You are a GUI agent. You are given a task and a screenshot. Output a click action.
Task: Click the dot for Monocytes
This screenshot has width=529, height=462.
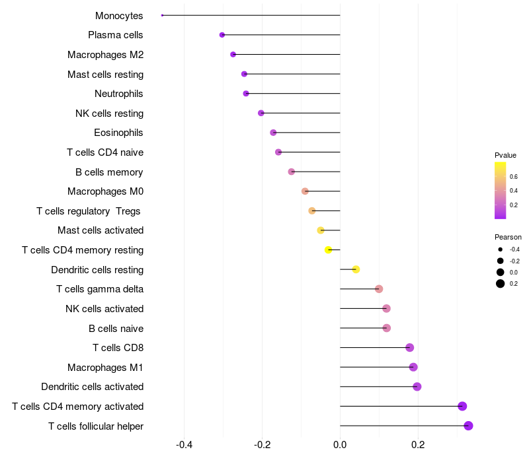(x=162, y=15)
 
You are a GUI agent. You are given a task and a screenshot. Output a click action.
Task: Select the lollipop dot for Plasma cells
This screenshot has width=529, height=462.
(x=222, y=35)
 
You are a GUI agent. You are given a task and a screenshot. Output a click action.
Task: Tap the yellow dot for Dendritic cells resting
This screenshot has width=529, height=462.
(x=356, y=269)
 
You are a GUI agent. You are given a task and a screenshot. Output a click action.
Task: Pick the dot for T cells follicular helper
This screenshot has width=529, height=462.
(x=468, y=426)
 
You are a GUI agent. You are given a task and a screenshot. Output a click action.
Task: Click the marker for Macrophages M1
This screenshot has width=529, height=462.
(x=413, y=367)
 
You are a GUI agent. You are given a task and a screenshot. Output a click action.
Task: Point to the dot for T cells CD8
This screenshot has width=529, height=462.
(x=409, y=348)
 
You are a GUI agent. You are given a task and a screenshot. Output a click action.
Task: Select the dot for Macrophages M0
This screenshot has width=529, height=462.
(x=305, y=191)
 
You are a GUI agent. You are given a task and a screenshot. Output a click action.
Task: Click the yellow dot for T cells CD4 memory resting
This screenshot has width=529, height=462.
(x=328, y=249)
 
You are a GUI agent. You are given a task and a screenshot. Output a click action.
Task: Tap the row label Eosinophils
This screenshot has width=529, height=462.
(x=118, y=133)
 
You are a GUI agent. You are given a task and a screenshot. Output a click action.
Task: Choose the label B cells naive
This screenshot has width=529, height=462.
(x=116, y=328)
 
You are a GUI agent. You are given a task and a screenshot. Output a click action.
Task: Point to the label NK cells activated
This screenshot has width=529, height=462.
(x=104, y=308)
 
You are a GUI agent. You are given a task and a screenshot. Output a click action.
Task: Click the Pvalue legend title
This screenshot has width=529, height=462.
(x=505, y=155)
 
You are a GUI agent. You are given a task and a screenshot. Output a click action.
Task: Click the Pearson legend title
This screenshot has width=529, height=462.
(x=508, y=237)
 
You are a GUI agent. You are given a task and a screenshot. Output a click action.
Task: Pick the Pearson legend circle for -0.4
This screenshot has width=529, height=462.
(x=501, y=249)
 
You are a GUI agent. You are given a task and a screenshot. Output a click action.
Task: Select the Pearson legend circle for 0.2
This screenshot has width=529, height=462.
(x=501, y=284)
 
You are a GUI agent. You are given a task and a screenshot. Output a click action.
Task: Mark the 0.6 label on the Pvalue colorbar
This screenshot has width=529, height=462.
(x=514, y=176)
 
